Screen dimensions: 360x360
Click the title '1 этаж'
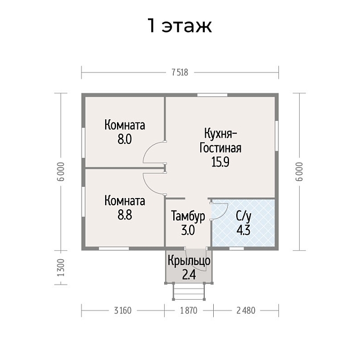click(x=179, y=25)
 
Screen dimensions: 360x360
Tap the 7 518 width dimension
click(x=180, y=73)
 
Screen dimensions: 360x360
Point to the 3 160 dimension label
click(x=123, y=310)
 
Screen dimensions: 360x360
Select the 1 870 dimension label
click(x=189, y=310)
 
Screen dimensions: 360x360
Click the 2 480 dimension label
click(x=246, y=310)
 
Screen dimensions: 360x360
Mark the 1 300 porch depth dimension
click(x=61, y=268)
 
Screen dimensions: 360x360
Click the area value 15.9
click(x=220, y=163)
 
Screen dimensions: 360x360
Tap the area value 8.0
click(x=125, y=139)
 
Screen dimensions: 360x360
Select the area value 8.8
click(x=125, y=215)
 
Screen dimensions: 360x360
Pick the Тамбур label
click(x=188, y=216)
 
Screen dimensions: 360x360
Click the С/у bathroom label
click(x=244, y=216)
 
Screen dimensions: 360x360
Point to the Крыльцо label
click(x=189, y=261)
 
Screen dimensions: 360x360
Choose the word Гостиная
click(x=220, y=148)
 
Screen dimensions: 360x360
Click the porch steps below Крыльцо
click(x=189, y=291)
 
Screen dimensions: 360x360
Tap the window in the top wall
click(x=213, y=95)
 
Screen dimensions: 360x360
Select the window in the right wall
click(x=277, y=136)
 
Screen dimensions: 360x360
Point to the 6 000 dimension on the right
click(x=299, y=172)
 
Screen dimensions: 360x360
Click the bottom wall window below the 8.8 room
click(x=114, y=249)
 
